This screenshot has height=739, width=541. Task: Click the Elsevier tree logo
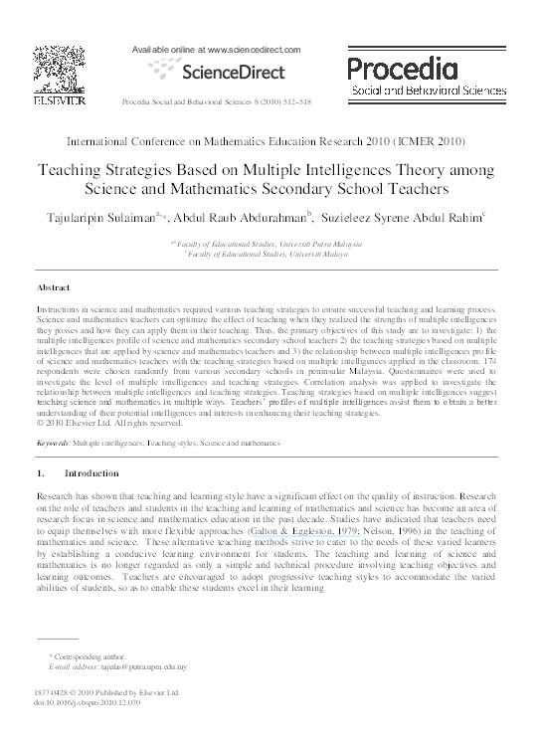pos(50,69)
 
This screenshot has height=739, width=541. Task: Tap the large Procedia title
pos(403,69)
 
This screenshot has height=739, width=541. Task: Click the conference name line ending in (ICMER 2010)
pos(270,143)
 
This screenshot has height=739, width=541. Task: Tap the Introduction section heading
pos(90,472)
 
